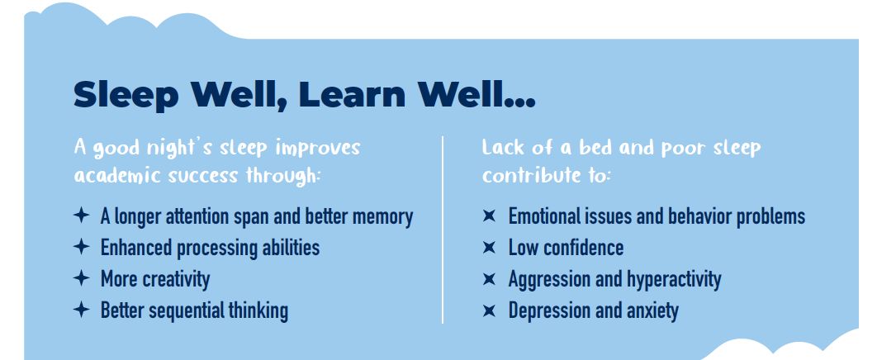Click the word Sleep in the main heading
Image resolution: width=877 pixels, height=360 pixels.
coord(126,95)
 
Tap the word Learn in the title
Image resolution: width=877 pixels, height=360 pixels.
coord(352,94)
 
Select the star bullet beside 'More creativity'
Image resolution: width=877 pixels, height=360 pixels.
coord(82,277)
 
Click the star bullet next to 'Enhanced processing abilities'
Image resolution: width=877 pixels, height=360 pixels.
coord(82,247)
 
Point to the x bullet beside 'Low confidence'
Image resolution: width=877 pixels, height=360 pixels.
coord(489,247)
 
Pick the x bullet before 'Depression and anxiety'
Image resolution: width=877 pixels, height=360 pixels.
coord(489,310)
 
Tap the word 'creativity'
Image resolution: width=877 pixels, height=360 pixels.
coord(180,279)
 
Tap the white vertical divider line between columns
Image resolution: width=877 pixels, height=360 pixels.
coord(443,230)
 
